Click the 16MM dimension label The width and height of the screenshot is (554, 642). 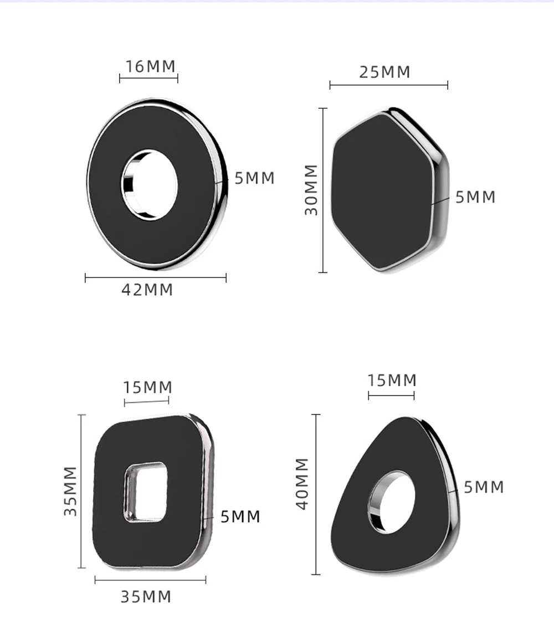coord(150,67)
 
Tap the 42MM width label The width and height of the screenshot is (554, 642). coord(147,290)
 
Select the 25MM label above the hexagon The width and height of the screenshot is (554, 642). coord(384,72)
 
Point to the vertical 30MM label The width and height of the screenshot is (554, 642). coord(311,190)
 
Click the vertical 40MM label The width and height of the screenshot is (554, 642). coord(302,484)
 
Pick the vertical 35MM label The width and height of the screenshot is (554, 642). coord(70,491)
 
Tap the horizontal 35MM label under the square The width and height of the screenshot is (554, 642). coord(146,597)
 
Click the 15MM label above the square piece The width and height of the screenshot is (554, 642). coord(147,387)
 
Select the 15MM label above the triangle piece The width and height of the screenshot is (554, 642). coord(392,380)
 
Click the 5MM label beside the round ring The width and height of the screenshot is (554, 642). coord(254,178)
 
